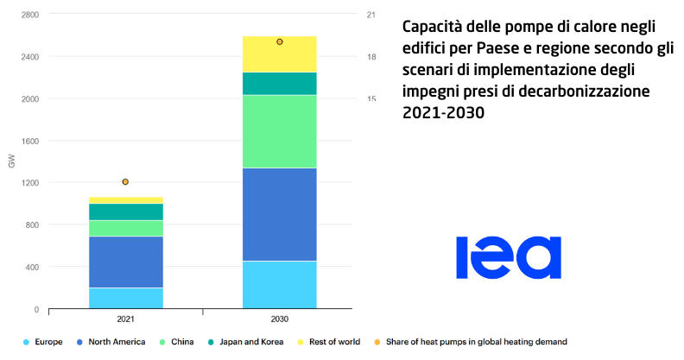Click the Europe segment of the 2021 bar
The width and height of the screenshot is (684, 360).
pyautogui.click(x=126, y=298)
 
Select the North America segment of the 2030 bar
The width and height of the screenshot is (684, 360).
pyautogui.click(x=280, y=214)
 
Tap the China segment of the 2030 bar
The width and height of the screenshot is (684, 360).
pyautogui.click(x=280, y=131)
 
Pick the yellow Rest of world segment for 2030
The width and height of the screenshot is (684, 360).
pyautogui.click(x=280, y=54)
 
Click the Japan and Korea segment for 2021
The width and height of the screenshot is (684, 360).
pyautogui.click(x=126, y=212)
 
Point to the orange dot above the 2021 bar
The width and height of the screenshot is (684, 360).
pyautogui.click(x=125, y=182)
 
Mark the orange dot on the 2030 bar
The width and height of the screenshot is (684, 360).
pyautogui.click(x=280, y=41)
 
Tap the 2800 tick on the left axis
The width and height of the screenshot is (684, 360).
pyautogui.click(x=28, y=15)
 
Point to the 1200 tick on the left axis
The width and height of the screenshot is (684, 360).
pyautogui.click(x=28, y=183)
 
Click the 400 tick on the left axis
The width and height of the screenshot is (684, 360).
pyautogui.click(x=31, y=267)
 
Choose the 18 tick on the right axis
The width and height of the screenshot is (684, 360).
pyautogui.click(x=371, y=57)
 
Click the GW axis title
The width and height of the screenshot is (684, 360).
pyautogui.click(x=10, y=161)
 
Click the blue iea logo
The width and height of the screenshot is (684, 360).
pyautogui.click(x=509, y=256)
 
